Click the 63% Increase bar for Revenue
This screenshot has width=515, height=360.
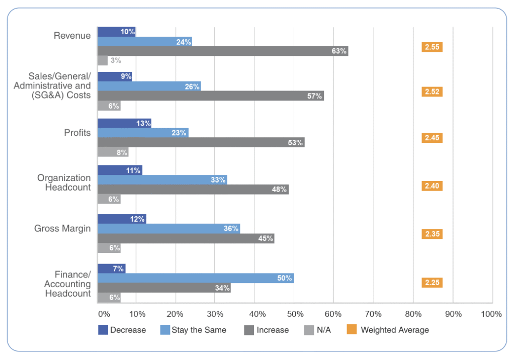(x=222, y=51)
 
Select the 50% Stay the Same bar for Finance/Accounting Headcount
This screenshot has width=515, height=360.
(x=195, y=278)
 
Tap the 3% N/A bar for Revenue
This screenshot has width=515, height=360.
(x=103, y=60)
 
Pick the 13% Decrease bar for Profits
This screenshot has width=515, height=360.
(x=124, y=123)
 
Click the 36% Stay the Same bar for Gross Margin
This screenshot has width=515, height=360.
(x=168, y=229)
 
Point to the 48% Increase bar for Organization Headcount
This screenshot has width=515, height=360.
(x=193, y=190)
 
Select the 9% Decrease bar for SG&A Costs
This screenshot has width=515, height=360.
(x=115, y=76)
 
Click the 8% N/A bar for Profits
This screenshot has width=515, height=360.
(x=113, y=152)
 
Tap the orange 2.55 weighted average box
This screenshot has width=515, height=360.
(x=432, y=47)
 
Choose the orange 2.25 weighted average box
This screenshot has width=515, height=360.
(x=432, y=283)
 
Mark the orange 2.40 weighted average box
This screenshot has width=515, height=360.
(x=432, y=186)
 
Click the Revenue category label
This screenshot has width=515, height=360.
(x=72, y=36)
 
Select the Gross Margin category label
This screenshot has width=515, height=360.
(x=62, y=228)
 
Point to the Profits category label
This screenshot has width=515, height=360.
(x=77, y=133)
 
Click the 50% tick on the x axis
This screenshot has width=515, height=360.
(x=295, y=314)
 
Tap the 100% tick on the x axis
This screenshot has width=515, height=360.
(x=491, y=314)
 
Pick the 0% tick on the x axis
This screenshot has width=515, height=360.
(x=104, y=314)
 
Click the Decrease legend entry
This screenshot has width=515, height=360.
(x=122, y=330)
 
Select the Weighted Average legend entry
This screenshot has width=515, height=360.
(x=388, y=330)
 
